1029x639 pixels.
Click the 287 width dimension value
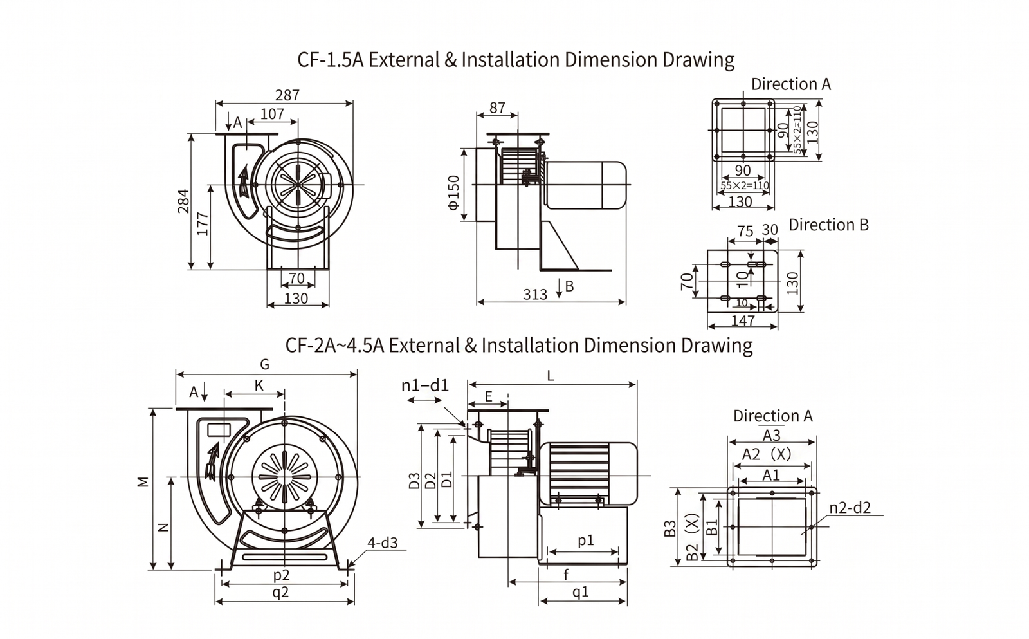point(287,95)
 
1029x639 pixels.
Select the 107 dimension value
point(272,114)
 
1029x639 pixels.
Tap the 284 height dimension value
point(184,201)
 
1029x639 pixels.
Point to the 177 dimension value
point(203,223)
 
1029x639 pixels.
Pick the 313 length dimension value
point(534,295)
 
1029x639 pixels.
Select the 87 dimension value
point(497,107)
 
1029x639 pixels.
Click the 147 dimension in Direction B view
point(743,320)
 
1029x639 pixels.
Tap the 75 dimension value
point(745,231)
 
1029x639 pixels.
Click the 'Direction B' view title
point(828,225)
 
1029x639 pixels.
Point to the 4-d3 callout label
point(383,543)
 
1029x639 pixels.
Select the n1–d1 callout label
point(425,385)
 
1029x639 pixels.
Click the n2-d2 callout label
point(850,508)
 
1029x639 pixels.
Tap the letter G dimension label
point(264,365)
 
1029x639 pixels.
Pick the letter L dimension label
point(551,376)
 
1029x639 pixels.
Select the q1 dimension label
point(581,591)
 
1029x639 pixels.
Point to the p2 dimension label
point(282,575)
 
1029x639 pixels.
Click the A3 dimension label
point(771,435)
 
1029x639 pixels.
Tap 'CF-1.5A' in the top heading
point(330,60)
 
